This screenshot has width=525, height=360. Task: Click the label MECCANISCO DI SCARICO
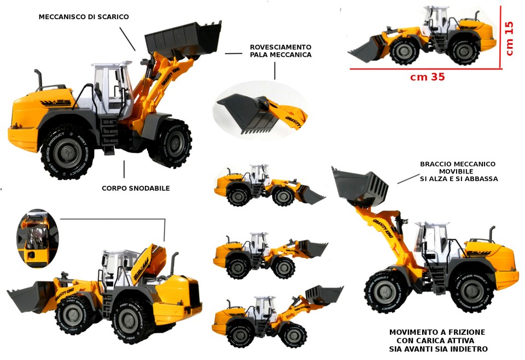tap(84, 17)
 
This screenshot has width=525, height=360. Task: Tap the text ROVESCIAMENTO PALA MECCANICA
tap(281, 51)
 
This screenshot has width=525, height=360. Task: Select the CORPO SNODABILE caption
tap(136, 188)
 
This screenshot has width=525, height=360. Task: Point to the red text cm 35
tap(428, 77)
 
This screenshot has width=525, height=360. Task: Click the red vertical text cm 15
tap(509, 38)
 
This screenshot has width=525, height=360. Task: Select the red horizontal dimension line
tap(425, 69)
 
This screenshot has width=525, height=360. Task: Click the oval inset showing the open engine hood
tap(38, 238)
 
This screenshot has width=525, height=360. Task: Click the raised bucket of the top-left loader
tap(183, 38)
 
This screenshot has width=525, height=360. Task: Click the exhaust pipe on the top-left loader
tap(39, 79)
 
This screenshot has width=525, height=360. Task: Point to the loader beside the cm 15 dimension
tap(423, 36)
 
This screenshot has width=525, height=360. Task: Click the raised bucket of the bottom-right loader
tap(360, 187)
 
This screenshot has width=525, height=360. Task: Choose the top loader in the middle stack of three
tap(270, 185)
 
